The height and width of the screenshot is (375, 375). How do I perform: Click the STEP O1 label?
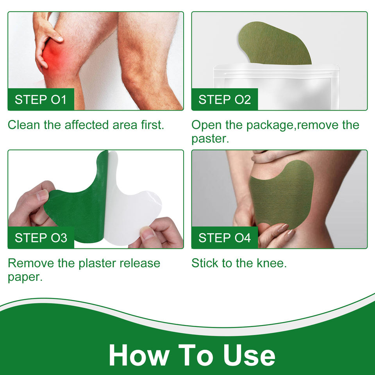tap(41, 100)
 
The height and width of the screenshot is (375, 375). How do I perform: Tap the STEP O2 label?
tap(225, 100)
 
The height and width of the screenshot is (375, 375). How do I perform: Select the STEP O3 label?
tap(41, 238)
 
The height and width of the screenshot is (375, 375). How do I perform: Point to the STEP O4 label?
tap(225, 238)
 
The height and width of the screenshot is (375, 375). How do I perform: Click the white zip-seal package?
tap(276, 87)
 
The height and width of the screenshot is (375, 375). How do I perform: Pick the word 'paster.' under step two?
tap(210, 139)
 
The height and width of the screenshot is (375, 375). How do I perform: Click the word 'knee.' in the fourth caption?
tap(272, 263)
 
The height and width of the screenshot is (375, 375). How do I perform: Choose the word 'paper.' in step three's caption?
tap(25, 277)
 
